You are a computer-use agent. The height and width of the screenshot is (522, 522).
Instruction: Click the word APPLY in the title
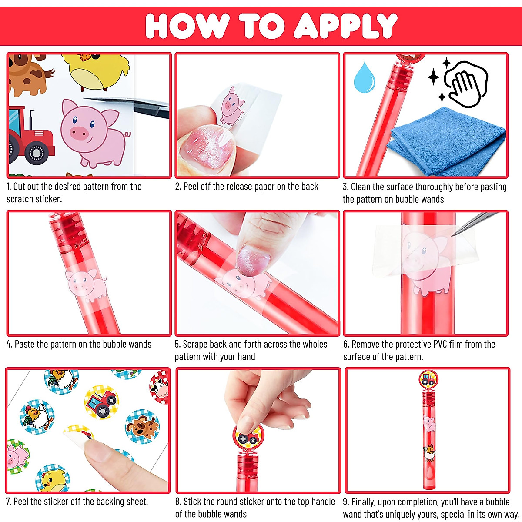346,26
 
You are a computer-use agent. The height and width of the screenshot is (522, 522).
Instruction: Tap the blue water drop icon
364,77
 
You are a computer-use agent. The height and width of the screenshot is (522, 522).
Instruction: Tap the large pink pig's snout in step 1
79,133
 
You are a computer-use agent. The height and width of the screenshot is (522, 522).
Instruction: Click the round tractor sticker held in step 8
248,437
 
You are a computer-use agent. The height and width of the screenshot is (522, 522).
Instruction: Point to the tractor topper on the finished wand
428,378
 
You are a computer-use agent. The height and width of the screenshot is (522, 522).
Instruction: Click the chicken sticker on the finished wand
430,453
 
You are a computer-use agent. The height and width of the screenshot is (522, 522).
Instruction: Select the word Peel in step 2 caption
191,187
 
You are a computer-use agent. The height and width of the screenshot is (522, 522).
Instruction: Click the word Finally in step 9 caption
365,502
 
